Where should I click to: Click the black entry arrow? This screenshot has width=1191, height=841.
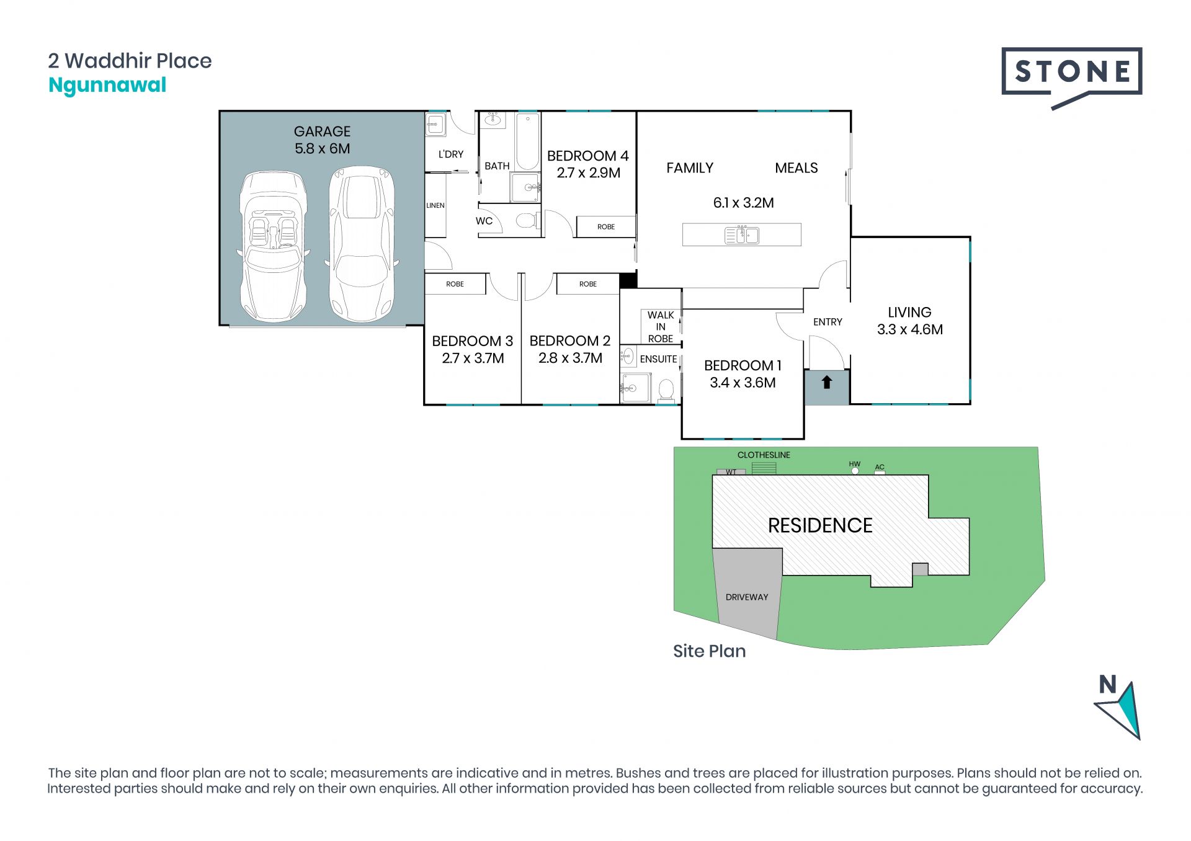pos(826,382)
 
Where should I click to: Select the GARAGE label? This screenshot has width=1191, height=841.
pos(322,131)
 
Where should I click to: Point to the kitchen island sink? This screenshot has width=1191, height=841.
pos(742,236)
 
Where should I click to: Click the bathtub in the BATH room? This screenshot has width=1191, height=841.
pos(527,141)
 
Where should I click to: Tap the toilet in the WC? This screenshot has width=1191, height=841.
pos(527,220)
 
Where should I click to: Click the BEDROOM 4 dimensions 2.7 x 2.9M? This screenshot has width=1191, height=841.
pos(588,173)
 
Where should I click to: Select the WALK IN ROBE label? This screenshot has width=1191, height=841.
pos(661,327)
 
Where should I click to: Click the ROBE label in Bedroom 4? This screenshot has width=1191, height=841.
pos(606,227)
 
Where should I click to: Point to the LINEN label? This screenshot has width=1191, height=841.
pos(435,205)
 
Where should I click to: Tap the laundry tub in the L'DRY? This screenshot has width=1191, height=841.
pos(435,125)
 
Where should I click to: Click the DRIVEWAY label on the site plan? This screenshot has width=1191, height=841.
pos(747,597)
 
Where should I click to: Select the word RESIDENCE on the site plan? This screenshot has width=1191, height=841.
pos(820,526)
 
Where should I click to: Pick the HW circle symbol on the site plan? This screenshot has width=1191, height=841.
pos(855,471)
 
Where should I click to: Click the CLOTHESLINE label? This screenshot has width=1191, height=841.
pos(764,455)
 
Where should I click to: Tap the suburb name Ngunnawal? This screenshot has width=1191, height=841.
pos(107,86)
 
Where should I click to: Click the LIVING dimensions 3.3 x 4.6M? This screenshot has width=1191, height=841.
pos(910,330)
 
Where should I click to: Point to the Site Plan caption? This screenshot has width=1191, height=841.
pos(710,651)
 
